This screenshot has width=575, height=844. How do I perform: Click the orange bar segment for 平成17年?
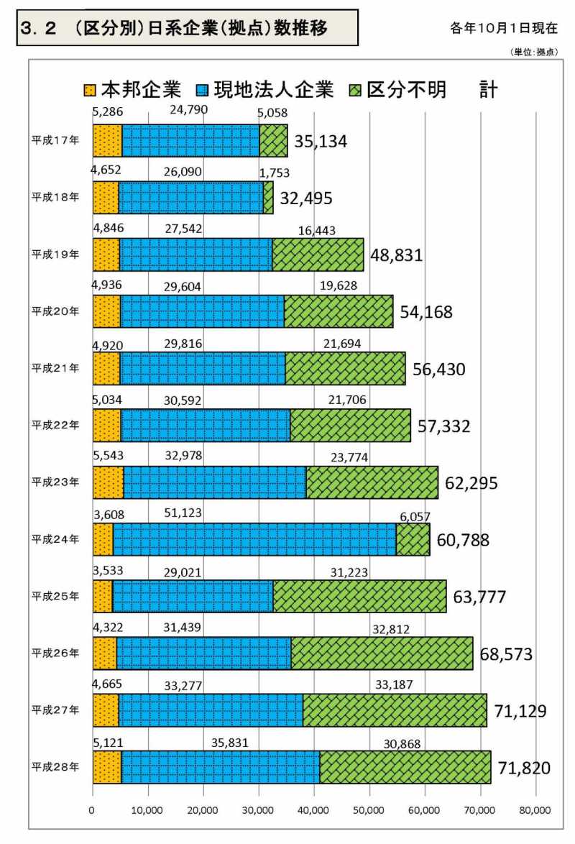point(107,140)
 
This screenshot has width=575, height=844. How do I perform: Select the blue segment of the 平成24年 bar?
point(254,538)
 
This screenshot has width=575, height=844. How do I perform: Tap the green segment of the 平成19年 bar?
point(318,254)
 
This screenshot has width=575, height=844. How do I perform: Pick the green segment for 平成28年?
point(405,766)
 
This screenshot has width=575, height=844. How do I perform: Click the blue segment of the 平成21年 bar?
point(203,368)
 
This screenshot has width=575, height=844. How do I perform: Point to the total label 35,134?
point(319,142)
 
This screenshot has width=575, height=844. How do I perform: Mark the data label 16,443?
point(316,230)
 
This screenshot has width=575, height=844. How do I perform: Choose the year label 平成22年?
point(55,425)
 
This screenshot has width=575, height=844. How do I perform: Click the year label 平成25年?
point(55,596)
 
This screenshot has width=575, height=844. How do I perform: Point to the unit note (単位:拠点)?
point(533,52)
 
